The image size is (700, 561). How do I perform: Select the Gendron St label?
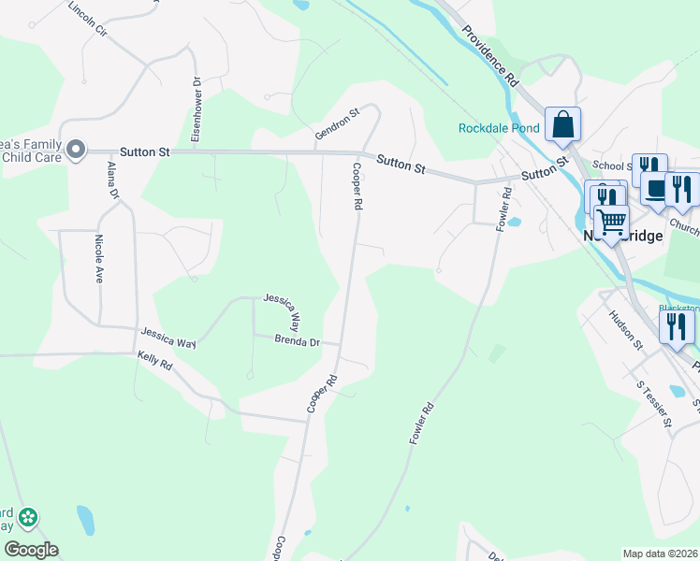[337, 125]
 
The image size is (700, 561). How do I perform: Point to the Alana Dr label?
[113, 180]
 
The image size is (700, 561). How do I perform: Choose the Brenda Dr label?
[298, 341]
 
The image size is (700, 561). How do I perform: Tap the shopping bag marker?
[562, 124]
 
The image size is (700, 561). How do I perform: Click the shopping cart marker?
[611, 223]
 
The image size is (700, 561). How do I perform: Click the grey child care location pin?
[77, 150]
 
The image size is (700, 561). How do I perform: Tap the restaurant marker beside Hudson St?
[677, 326]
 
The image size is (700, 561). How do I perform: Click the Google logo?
[31, 550]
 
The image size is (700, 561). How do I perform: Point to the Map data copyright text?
[661, 554]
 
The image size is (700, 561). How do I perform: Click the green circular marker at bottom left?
[28, 516]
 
